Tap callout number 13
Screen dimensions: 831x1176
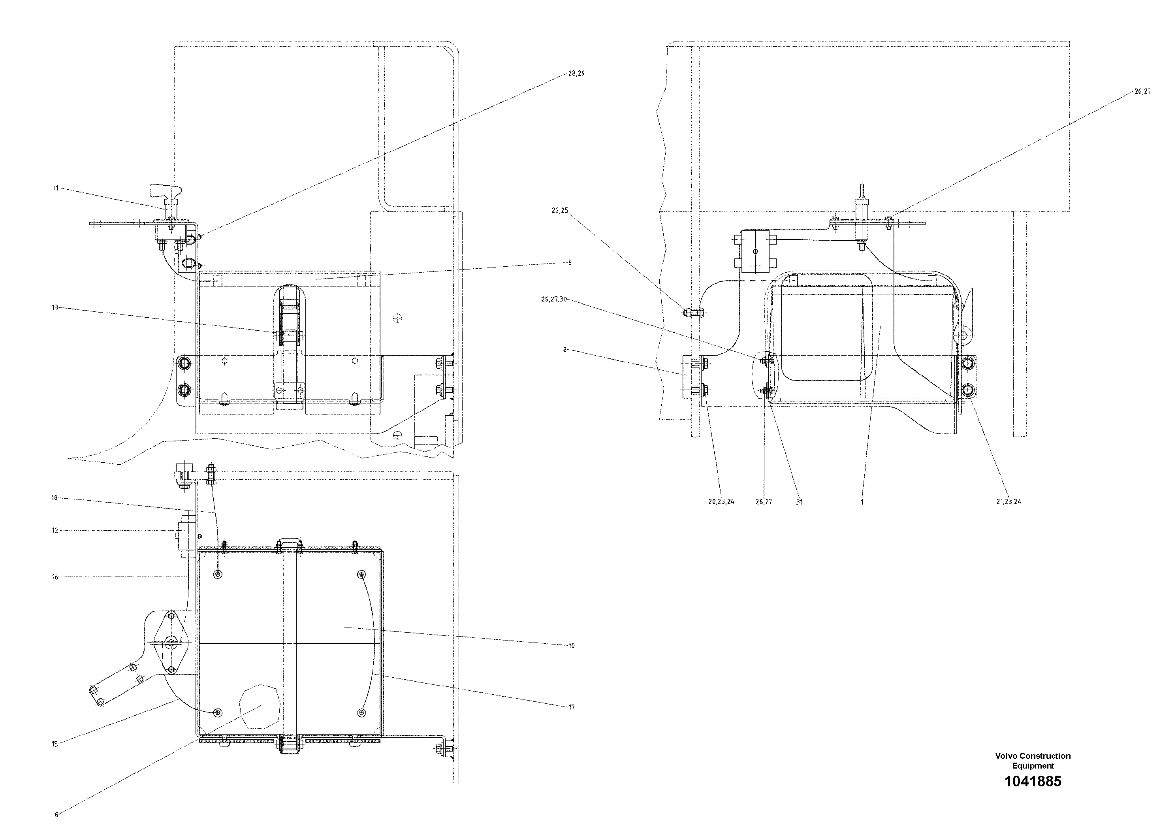pyautogui.click(x=55, y=307)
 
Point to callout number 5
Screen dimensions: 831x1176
pyautogui.click(x=570, y=263)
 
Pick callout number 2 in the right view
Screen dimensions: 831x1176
pyautogui.click(x=564, y=349)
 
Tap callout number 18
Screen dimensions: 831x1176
pyautogui.click(x=54, y=497)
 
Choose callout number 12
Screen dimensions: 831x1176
pyautogui.click(x=55, y=531)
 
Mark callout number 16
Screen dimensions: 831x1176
pyautogui.click(x=55, y=577)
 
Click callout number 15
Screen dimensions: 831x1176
pyautogui.click(x=55, y=744)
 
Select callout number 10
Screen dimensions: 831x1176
pyautogui.click(x=572, y=646)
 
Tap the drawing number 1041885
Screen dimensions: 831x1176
pyautogui.click(x=1033, y=781)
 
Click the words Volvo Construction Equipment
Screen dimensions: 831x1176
pyautogui.click(x=1033, y=761)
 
